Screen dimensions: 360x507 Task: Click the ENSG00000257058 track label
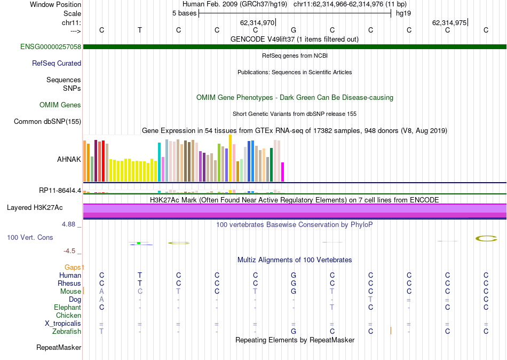[x=51, y=47]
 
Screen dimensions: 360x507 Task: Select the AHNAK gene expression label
[x=69, y=159]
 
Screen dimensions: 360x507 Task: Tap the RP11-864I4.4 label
[x=60, y=190]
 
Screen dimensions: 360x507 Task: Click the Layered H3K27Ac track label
[x=42, y=207]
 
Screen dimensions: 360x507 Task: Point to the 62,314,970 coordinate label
[x=257, y=23]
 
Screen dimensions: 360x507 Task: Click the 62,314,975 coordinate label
[x=449, y=23]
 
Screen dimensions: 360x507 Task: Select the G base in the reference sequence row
[x=294, y=30]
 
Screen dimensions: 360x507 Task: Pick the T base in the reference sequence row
[x=140, y=30]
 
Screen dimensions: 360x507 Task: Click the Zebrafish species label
[x=67, y=332]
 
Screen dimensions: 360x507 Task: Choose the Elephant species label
[x=67, y=308]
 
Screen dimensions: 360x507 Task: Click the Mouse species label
[x=70, y=292]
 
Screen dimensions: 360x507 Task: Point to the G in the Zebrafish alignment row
[x=294, y=332]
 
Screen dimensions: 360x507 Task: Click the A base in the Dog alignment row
[x=101, y=300]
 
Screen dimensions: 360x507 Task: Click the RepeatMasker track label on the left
[x=59, y=348]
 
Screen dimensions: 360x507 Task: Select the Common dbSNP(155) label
[x=47, y=122]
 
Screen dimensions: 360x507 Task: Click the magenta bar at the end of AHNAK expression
[x=282, y=171]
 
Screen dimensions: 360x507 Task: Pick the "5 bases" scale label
[x=184, y=13]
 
